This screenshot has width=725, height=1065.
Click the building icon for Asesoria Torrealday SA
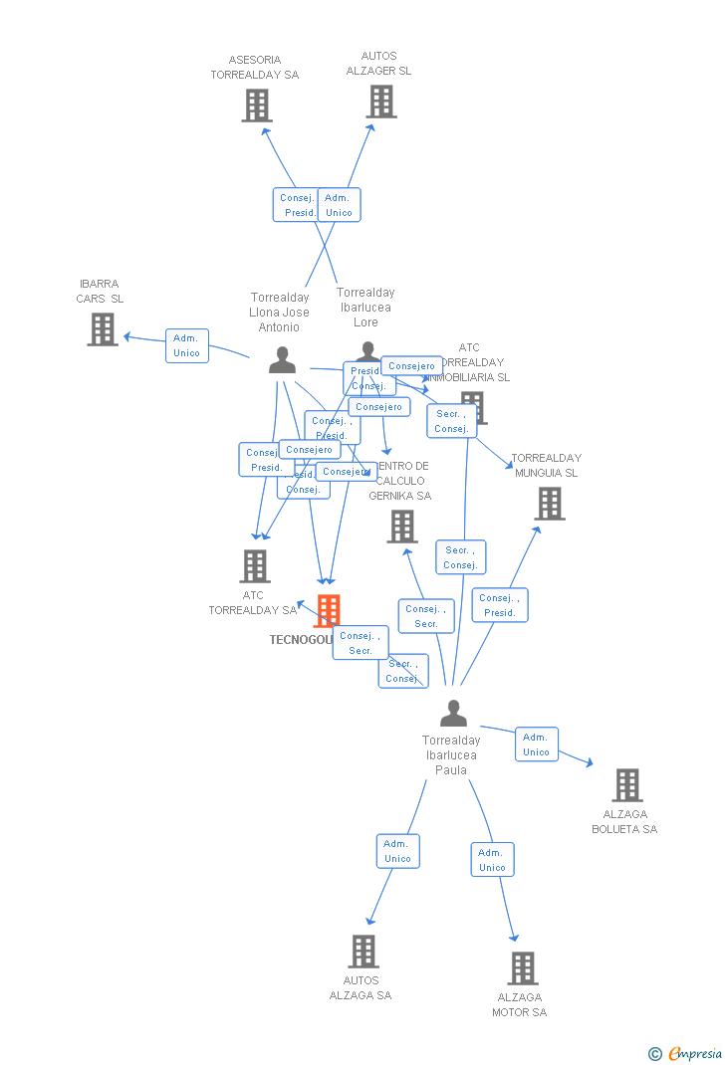[x=257, y=106]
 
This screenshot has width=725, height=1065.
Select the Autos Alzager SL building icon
[x=381, y=102]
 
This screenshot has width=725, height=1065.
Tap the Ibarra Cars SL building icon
[x=103, y=329]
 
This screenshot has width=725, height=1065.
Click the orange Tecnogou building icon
[x=328, y=609]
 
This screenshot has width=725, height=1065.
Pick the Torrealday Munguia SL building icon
[x=550, y=504]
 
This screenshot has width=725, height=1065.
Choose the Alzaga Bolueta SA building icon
[x=626, y=785]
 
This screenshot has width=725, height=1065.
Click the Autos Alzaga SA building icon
[x=363, y=952]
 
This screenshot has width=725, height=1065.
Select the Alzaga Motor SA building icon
[x=522, y=968]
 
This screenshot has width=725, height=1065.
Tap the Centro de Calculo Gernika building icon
[x=402, y=527]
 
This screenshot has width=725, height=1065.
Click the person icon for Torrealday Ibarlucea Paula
[x=453, y=714]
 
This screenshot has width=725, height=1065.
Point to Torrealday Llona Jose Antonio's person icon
[x=283, y=360]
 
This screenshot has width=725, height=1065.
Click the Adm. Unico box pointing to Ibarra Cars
[x=187, y=345]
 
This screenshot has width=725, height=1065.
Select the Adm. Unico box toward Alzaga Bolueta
[x=537, y=745]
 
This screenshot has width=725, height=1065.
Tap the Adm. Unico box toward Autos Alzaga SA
[x=398, y=851]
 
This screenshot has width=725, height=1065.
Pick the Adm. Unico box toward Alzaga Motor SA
[x=492, y=860]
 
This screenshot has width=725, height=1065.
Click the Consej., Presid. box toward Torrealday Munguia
[x=500, y=605]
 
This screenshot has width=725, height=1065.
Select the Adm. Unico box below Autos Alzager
[x=339, y=205]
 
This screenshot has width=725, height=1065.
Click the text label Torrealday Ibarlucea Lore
[x=365, y=307]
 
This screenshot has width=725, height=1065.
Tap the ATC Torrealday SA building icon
[x=255, y=566]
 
